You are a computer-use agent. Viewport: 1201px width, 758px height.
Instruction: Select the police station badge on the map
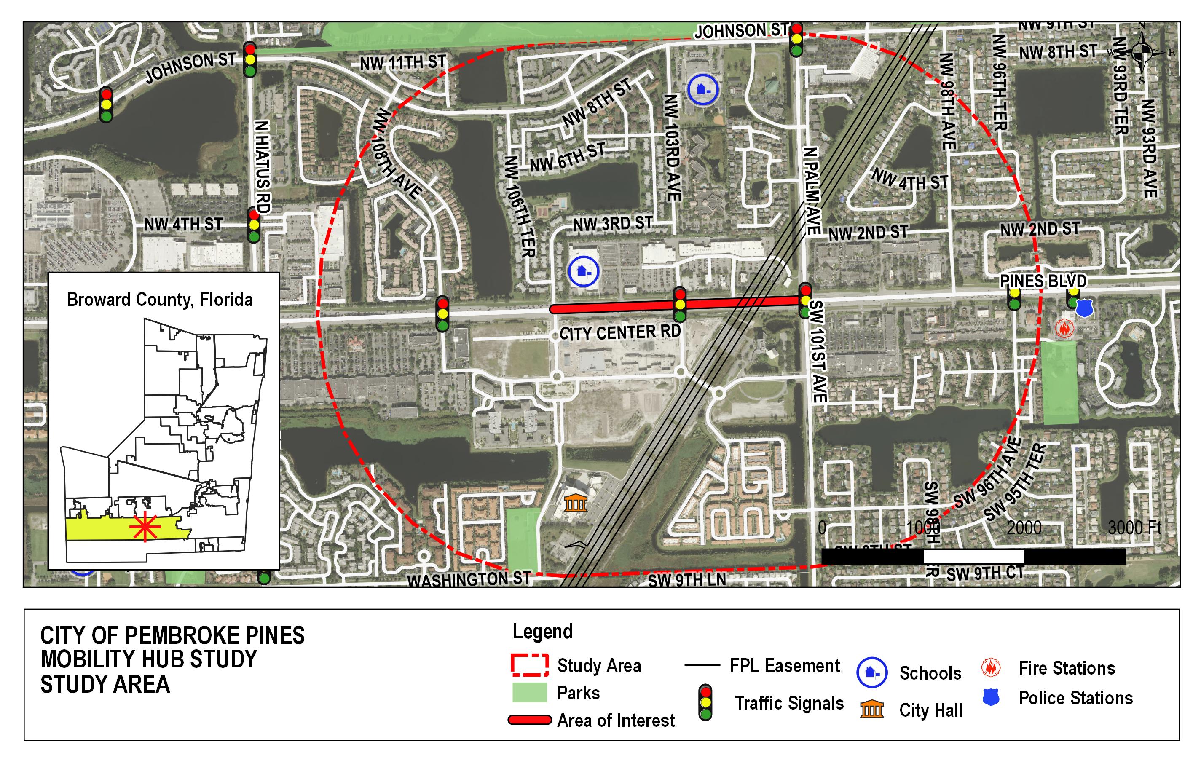coord(1084,308)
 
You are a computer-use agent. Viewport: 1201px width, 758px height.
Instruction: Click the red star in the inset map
coord(145,527)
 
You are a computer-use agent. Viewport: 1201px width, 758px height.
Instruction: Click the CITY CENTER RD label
coord(620,332)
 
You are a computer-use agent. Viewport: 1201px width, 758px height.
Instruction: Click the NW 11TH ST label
coord(402,63)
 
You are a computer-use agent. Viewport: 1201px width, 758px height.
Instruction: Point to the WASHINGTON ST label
coord(469,579)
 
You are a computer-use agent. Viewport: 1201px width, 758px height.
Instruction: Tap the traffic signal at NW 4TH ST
coord(253,225)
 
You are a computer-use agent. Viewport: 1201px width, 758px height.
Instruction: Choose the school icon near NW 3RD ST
coord(584,272)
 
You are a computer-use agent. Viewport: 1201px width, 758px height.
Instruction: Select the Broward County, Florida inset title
coord(160,300)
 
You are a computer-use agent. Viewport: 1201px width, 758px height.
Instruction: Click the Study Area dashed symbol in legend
coord(530,665)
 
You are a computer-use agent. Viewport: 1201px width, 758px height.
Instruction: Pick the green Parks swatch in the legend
coord(530,693)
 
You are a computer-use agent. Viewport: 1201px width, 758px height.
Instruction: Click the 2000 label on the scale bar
coord(1024,527)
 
